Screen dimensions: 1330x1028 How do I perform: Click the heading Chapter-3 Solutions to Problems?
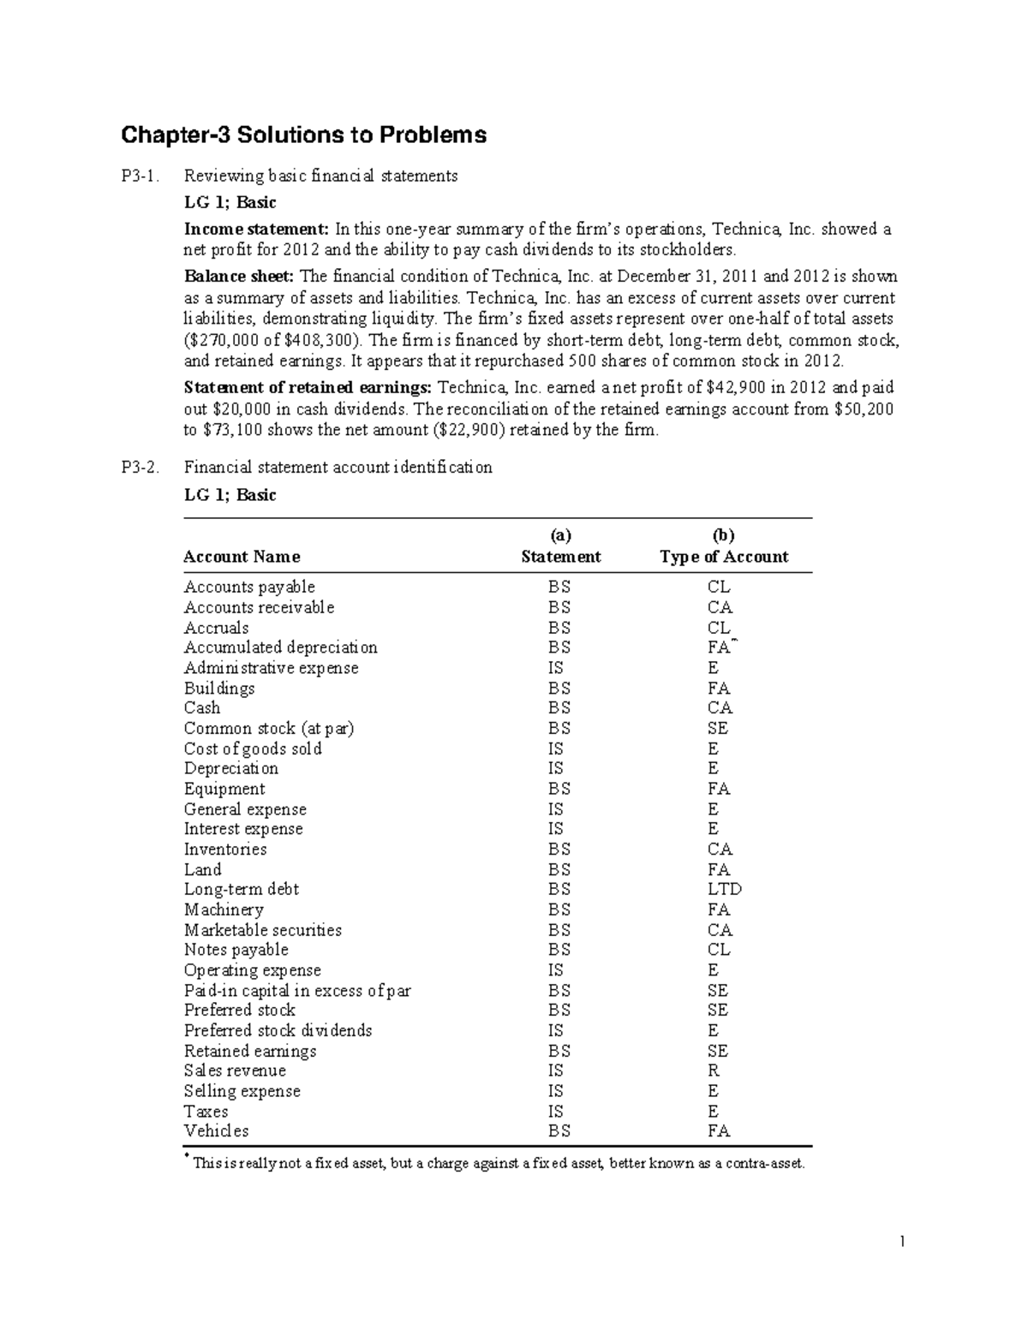pyautogui.click(x=303, y=135)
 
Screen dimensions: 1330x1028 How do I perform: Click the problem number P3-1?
pyautogui.click(x=140, y=176)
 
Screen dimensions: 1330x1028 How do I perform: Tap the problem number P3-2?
pyautogui.click(x=140, y=468)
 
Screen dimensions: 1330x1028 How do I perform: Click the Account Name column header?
pyautogui.click(x=242, y=557)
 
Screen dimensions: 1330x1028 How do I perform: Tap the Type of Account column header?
pyautogui.click(x=723, y=557)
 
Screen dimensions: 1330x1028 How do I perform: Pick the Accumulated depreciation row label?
pyautogui.click(x=280, y=647)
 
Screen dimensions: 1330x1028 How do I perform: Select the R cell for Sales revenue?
pyautogui.click(x=714, y=1071)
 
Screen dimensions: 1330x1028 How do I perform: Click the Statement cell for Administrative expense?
pyautogui.click(x=556, y=668)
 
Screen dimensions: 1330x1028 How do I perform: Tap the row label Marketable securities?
pyautogui.click(x=262, y=930)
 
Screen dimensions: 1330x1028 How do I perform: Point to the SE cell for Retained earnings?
pyautogui.click(x=718, y=1051)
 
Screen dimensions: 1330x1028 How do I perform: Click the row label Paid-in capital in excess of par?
pyautogui.click(x=297, y=991)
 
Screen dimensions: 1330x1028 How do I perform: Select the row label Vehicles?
pyautogui.click(x=216, y=1131)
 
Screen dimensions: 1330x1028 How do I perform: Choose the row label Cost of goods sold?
pyautogui.click(x=253, y=748)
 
